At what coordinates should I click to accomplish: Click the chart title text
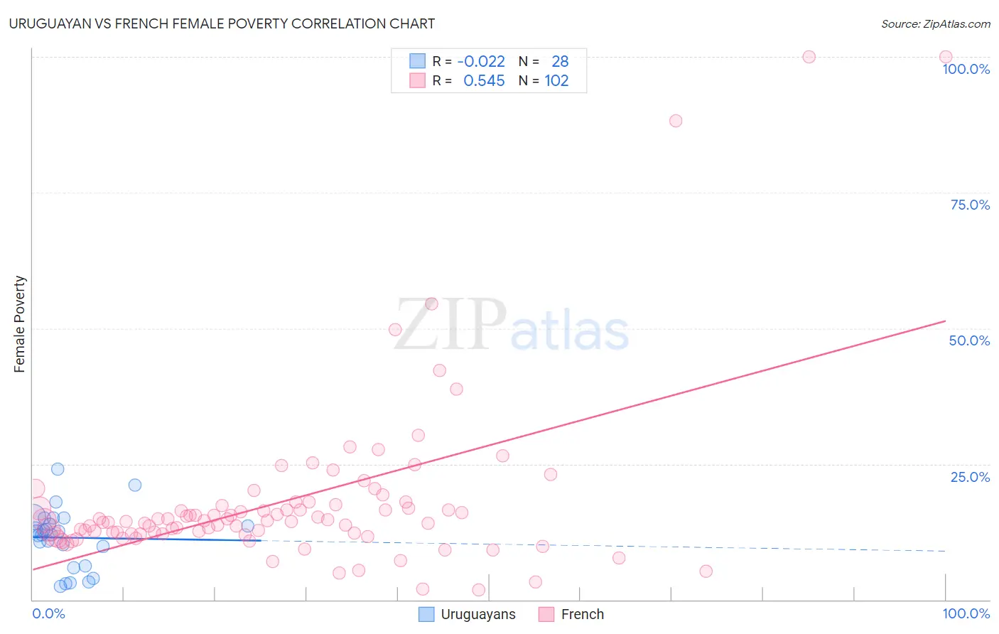(222, 23)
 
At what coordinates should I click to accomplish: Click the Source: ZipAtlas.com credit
(935, 24)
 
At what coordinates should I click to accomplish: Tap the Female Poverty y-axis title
(20, 324)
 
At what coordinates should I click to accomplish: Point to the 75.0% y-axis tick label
(970, 205)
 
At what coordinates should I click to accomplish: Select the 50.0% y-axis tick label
(969, 340)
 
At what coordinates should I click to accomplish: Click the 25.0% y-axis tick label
(970, 477)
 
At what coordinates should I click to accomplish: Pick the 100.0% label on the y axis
(966, 69)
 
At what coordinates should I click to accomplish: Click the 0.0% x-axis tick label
(48, 613)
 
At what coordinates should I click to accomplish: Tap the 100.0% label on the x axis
(966, 613)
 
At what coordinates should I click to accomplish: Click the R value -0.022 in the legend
(481, 62)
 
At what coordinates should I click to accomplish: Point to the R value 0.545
(484, 81)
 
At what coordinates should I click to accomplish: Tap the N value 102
(556, 81)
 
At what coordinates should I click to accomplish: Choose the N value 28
(560, 62)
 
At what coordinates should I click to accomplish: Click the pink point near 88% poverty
(676, 121)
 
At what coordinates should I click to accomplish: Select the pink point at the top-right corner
(946, 57)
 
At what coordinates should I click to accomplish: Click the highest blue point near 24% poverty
(58, 469)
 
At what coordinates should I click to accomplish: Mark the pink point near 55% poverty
(431, 304)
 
